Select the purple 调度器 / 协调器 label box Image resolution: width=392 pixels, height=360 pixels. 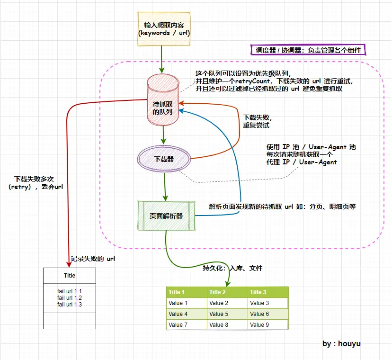[x=308, y=50]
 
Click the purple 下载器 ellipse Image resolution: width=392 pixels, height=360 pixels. [x=164, y=159]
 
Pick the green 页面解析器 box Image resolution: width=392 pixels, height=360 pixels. [x=166, y=216]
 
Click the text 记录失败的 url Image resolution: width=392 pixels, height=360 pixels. [x=92, y=259]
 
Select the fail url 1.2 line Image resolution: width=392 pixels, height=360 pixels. [x=70, y=297]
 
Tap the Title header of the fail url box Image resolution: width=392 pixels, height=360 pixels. [x=70, y=275]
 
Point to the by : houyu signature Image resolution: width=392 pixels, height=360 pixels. [x=341, y=343]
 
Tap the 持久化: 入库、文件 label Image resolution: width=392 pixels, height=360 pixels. [x=232, y=268]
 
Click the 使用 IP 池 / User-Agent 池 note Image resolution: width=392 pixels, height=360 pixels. [x=311, y=154]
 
